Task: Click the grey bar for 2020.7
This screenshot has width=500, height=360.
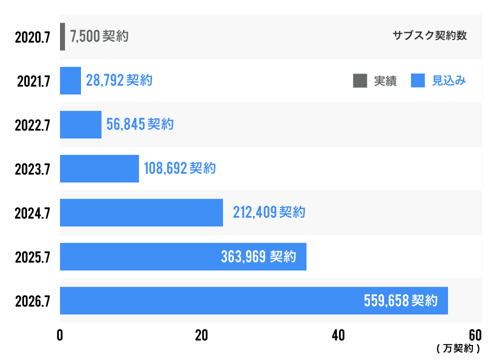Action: coord(62,36)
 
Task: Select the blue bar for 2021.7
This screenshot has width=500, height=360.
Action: coord(70,80)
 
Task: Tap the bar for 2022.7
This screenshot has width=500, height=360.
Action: coord(80,124)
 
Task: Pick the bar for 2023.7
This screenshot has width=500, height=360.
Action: coord(99,168)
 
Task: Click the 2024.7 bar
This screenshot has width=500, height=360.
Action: coord(141,212)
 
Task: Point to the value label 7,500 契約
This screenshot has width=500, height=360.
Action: coord(99,36)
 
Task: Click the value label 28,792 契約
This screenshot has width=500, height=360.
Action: coord(119,80)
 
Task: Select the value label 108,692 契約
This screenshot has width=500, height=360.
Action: coord(180,168)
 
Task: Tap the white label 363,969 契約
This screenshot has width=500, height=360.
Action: coord(258,257)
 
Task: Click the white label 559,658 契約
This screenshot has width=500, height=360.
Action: coord(400,301)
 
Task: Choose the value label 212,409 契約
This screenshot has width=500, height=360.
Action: coord(269,212)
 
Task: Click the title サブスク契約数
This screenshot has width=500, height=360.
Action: coord(429,36)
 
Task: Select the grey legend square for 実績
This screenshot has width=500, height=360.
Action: coord(360,80)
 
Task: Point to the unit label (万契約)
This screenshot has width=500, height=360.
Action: coord(458,347)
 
